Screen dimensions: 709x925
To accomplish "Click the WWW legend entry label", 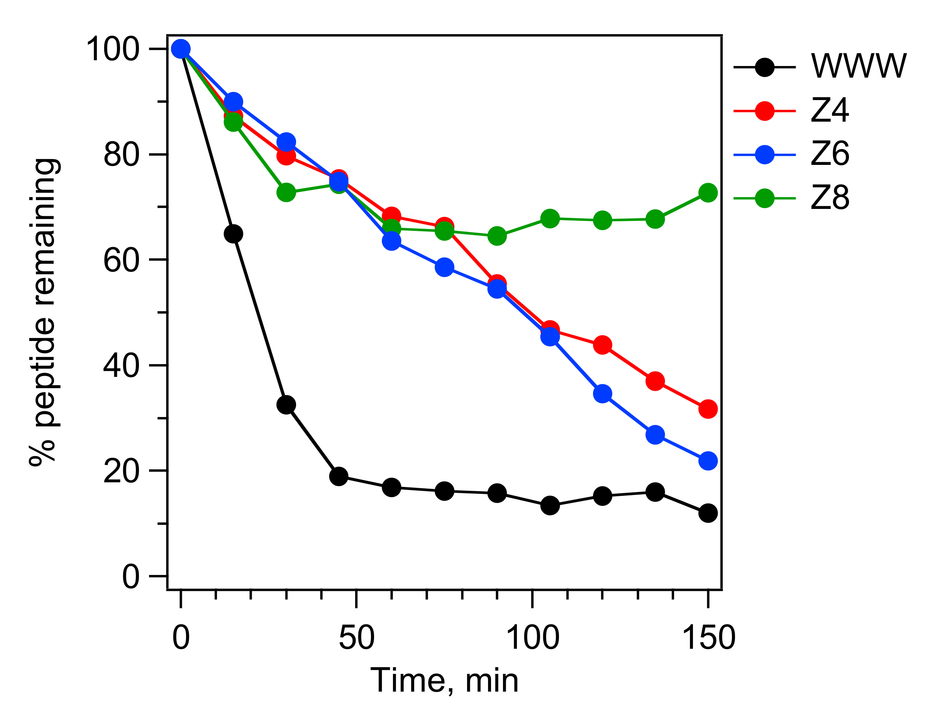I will click(858, 66).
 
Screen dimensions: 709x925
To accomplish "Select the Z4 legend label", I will click(830, 110).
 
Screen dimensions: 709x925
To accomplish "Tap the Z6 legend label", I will click(830, 154).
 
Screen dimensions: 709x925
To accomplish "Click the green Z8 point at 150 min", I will click(708, 193).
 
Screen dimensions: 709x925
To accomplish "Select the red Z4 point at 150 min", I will click(708, 409).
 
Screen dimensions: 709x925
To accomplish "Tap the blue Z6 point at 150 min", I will click(708, 460).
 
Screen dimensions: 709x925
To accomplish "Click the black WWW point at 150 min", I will click(708, 513).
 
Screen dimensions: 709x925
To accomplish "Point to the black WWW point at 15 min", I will click(233, 234).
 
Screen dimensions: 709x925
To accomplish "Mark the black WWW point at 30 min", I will click(286, 405).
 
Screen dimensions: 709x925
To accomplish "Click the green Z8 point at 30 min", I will click(286, 193).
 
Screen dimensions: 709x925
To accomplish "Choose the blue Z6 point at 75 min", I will click(444, 268).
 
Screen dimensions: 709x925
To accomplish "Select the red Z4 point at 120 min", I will click(602, 345).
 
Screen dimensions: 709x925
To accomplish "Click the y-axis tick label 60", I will click(121, 260).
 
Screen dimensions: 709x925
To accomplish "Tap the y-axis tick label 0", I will click(130, 577).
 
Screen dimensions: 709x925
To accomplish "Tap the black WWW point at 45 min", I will click(339, 477).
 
